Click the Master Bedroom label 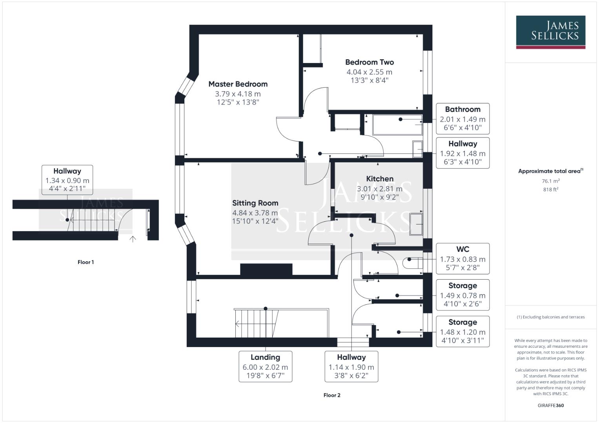pyautogui.click(x=238, y=84)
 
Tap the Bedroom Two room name pyautogui.click(x=369, y=62)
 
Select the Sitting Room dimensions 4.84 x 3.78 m pyautogui.click(x=255, y=213)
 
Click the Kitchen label pyautogui.click(x=379, y=179)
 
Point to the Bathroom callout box pyautogui.click(x=462, y=118)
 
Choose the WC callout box pyautogui.click(x=462, y=258)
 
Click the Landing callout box pyautogui.click(x=265, y=366)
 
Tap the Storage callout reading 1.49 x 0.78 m pyautogui.click(x=462, y=295)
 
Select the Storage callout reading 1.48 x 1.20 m pyautogui.click(x=462, y=331)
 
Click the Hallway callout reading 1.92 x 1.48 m pyautogui.click(x=462, y=153)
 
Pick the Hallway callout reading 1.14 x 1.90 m pyautogui.click(x=351, y=366)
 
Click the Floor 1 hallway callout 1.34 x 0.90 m pyautogui.click(x=67, y=180)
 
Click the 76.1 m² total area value pyautogui.click(x=550, y=181)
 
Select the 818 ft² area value pyautogui.click(x=550, y=189)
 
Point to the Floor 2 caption pyautogui.click(x=332, y=395)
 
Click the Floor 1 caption pyautogui.click(x=86, y=262)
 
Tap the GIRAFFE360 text pyautogui.click(x=550, y=405)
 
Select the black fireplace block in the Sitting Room pyautogui.click(x=266, y=270)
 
